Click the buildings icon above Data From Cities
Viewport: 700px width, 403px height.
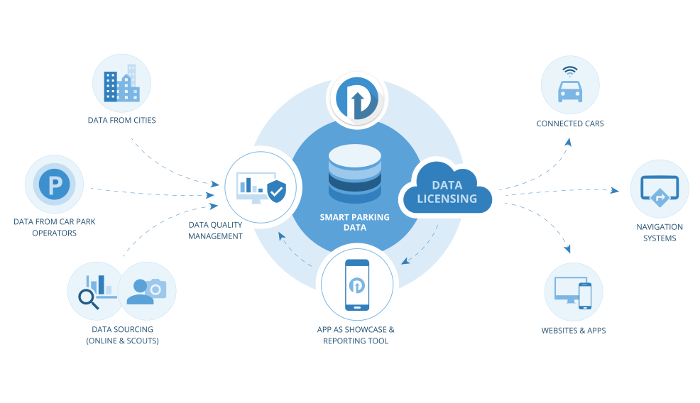[120, 83]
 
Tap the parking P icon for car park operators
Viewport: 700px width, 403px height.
[52, 184]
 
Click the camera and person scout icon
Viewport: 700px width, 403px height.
[147, 291]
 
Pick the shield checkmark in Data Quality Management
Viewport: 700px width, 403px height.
[277, 190]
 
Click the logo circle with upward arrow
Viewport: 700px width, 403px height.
[357, 99]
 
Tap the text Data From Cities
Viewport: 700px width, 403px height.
[121, 122]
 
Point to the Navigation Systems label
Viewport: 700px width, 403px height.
[658, 234]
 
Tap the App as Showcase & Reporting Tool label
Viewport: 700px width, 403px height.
[356, 335]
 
